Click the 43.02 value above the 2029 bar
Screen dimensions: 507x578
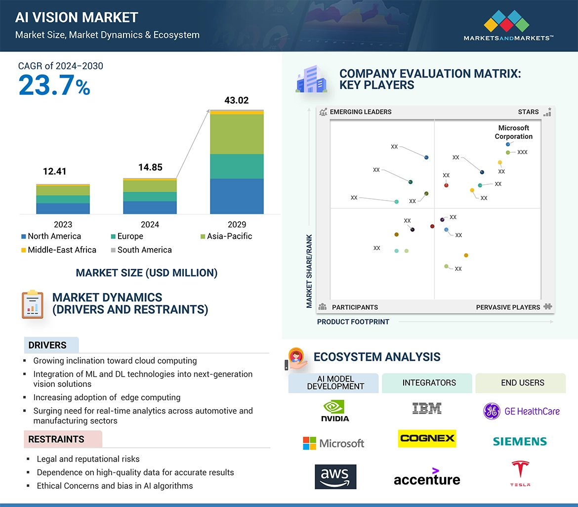[x=236, y=100]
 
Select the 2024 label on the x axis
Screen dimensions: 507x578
[x=150, y=224]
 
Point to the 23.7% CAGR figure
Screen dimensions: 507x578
[x=54, y=85]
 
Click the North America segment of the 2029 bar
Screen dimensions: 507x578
[x=237, y=196]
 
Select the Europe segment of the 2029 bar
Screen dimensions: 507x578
[x=237, y=166]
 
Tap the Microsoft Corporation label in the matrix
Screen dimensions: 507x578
[x=514, y=132]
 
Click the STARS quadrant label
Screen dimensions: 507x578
[x=528, y=112]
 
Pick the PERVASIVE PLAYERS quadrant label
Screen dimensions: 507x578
[x=508, y=307]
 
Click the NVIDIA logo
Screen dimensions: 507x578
[x=335, y=411]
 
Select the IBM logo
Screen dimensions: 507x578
[x=427, y=408]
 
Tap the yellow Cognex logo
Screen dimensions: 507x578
[x=427, y=438]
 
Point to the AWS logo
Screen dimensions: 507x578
[x=335, y=476]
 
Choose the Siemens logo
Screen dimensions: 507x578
[x=520, y=441]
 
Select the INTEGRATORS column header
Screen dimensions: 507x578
[x=429, y=382]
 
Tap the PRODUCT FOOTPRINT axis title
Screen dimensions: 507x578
[x=353, y=322]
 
